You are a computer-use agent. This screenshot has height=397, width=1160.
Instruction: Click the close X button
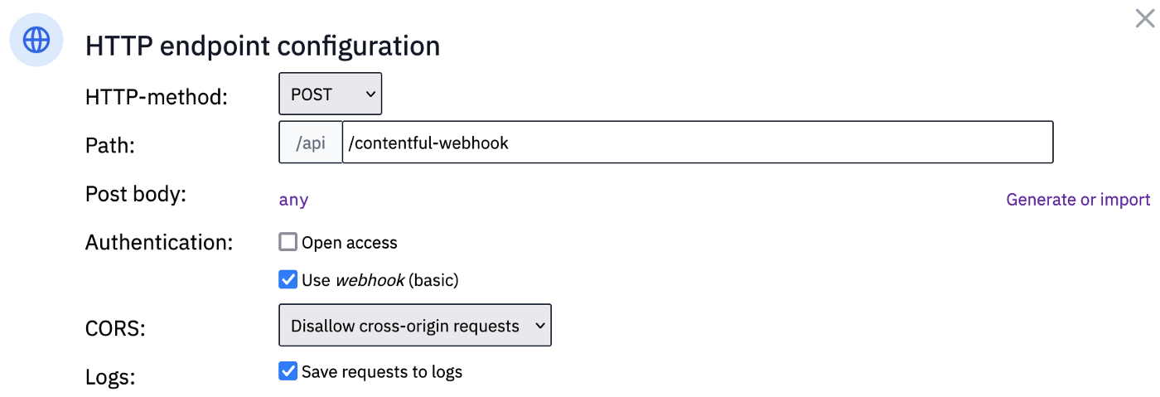1144,19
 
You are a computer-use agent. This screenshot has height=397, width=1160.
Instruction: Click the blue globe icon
36,40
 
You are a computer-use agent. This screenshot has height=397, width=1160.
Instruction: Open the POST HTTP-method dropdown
331,94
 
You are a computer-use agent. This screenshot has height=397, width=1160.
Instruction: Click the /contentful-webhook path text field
698,142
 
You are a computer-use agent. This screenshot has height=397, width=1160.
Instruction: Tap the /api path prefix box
311,142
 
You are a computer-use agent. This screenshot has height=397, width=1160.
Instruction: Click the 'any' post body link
293,200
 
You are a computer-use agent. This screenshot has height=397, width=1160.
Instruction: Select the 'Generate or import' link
1078,200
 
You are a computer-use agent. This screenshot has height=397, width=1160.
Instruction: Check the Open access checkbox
288,242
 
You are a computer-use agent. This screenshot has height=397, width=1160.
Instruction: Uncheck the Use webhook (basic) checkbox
288,279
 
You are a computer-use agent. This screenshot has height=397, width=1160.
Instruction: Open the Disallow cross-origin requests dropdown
415,325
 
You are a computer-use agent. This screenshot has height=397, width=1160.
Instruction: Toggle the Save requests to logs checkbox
288,371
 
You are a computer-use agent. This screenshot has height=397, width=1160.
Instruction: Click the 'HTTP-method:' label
157,97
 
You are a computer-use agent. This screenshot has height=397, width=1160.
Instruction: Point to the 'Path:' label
109,146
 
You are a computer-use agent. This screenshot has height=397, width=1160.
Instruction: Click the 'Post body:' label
136,194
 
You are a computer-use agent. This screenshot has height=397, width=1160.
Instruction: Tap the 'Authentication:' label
159,243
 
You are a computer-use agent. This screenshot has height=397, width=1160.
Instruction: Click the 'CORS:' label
115,328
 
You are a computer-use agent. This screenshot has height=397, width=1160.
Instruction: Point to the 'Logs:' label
110,377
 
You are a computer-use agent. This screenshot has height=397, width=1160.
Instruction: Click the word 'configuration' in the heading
358,46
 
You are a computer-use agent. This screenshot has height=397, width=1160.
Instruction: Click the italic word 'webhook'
370,280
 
